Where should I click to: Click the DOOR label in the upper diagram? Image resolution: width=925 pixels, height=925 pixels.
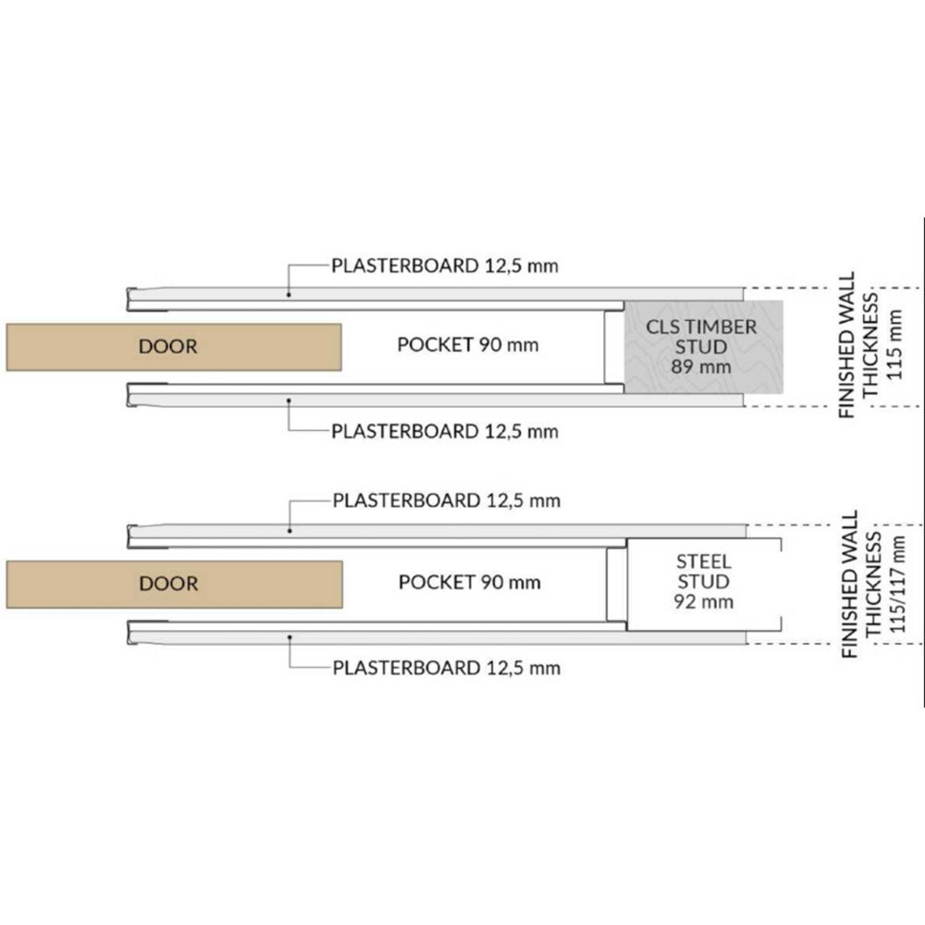[x=167, y=347]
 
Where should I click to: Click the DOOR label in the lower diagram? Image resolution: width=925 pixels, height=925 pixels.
[x=167, y=584]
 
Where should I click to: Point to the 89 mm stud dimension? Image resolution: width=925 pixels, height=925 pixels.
[x=701, y=367]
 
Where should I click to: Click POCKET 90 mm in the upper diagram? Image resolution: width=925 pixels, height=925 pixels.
[x=467, y=345]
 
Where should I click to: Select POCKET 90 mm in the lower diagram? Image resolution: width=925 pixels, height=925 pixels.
[x=469, y=583]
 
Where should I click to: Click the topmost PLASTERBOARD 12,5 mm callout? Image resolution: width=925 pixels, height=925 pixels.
[x=445, y=266]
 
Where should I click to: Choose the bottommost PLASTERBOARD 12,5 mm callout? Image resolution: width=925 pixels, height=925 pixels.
[x=446, y=667]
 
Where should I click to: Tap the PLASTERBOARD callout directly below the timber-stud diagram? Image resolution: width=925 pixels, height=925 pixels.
[x=445, y=430]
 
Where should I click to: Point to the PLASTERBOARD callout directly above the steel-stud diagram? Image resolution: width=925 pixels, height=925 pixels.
[x=446, y=501]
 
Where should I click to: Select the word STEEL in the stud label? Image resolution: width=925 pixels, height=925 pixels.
[x=704, y=561]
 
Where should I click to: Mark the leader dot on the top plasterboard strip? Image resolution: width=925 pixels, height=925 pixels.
[x=289, y=294]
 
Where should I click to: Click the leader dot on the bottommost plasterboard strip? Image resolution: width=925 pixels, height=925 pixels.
[x=289, y=636]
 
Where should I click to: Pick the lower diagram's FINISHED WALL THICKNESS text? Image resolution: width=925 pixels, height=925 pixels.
[x=857, y=585]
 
